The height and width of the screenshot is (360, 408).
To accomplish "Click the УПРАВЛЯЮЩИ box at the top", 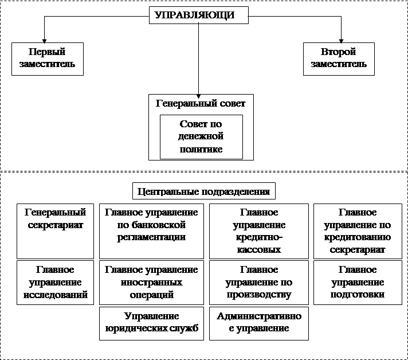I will [x=199, y=16].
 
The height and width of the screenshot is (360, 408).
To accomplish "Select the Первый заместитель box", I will [x=48, y=58].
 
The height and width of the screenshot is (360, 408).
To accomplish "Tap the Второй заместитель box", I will [x=339, y=58].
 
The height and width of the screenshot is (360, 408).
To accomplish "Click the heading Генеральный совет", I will [x=201, y=104].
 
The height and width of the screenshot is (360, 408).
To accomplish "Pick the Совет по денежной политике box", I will [x=201, y=136].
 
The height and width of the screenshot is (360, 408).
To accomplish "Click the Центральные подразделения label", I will [x=204, y=190].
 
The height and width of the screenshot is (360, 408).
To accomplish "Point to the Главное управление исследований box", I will [x=55, y=282].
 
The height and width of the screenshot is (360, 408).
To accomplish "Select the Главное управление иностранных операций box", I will [x=151, y=282].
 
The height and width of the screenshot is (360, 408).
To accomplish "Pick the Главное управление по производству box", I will [x=259, y=282].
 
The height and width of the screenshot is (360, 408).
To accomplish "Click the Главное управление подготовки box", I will [x=358, y=282].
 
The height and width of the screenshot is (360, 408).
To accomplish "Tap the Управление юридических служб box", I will [x=151, y=323].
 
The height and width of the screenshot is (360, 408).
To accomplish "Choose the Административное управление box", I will [x=259, y=323].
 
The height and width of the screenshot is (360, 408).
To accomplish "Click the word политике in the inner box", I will [x=201, y=150].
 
